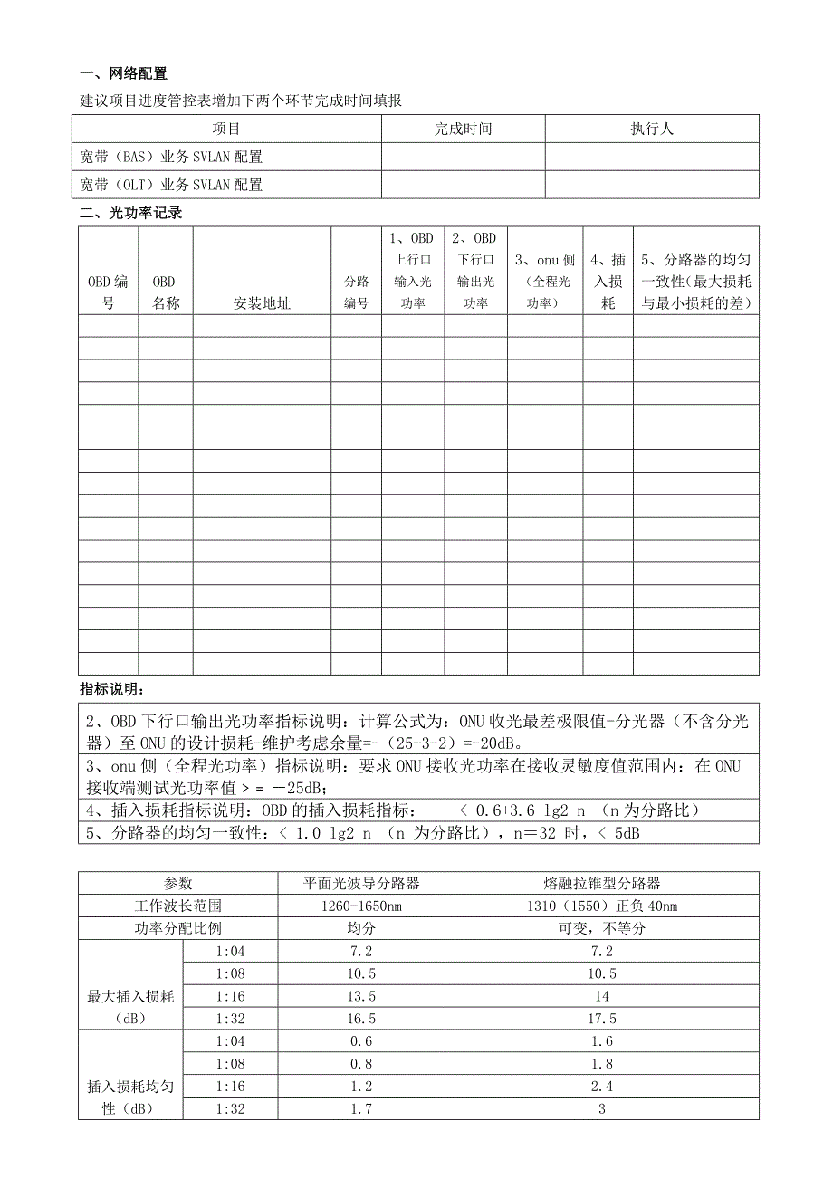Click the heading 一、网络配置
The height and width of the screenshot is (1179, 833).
pyautogui.click(x=124, y=74)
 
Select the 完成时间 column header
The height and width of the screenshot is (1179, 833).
pyautogui.click(x=463, y=129)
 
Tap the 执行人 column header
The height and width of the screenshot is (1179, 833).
pyautogui.click(x=652, y=129)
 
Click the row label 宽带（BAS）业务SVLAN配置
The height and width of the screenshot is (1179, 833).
pyautogui.click(x=172, y=157)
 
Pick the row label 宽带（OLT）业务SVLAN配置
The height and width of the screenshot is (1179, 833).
pyautogui.click(x=172, y=185)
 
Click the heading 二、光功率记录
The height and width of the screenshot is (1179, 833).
pyautogui.click(x=130, y=214)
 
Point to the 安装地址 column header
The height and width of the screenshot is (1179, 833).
pyautogui.click(x=262, y=303)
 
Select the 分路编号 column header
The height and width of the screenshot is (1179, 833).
pyautogui.click(x=356, y=292)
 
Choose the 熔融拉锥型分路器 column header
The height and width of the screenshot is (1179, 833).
pyautogui.click(x=601, y=883)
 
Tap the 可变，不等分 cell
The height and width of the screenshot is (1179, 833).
pyautogui.click(x=601, y=928)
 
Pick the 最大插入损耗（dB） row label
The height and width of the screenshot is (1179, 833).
pyautogui.click(x=130, y=1007)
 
